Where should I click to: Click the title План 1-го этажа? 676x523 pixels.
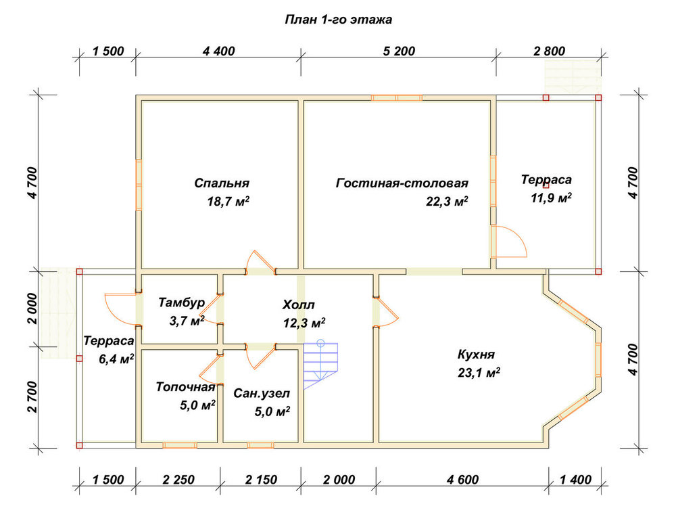pyautogui.click(x=339, y=20)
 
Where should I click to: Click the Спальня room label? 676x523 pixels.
pyautogui.click(x=222, y=183)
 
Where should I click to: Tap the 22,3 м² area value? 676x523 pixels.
pyautogui.click(x=447, y=201)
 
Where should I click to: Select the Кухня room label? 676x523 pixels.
pyautogui.click(x=476, y=355)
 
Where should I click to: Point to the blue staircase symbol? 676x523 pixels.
pyautogui.click(x=320, y=365)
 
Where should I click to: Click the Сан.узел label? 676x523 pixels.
pyautogui.click(x=262, y=393)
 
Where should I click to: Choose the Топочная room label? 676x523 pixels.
pyautogui.click(x=185, y=386)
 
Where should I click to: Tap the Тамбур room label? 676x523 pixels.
pyautogui.click(x=181, y=302)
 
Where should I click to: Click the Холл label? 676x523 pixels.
pyautogui.click(x=298, y=304)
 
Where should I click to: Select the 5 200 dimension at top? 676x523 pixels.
pyautogui.click(x=399, y=51)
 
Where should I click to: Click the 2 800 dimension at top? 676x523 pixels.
pyautogui.click(x=549, y=51)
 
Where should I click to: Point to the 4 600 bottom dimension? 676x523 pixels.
pyautogui.click(x=462, y=480)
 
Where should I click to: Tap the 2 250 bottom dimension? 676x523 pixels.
pyautogui.click(x=178, y=480)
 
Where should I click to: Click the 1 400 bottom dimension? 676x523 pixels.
pyautogui.click(x=575, y=480)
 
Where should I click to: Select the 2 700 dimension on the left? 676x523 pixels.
pyautogui.click(x=33, y=396)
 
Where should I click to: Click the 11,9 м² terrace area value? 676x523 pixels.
pyautogui.click(x=552, y=198)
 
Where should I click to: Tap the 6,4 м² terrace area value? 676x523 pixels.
pyautogui.click(x=116, y=359)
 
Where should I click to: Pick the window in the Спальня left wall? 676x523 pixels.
pyautogui.click(x=139, y=185)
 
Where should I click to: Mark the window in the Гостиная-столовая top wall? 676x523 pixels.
pyautogui.click(x=397, y=98)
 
